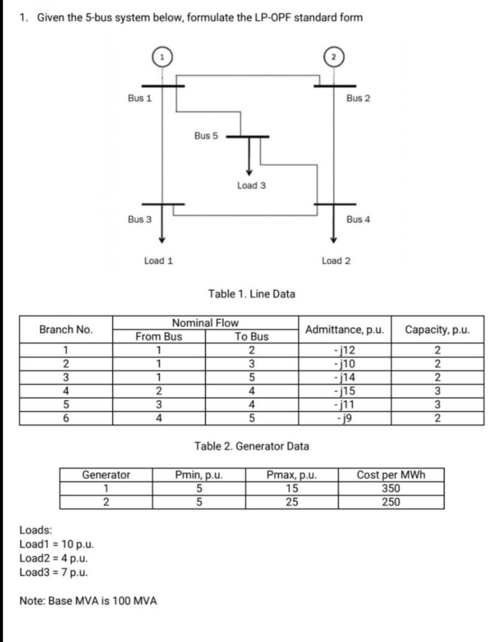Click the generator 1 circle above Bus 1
coord(161,57)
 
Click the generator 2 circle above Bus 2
coord(333,57)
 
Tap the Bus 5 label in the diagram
coord(206,135)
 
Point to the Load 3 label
coord(251,186)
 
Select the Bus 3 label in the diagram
coord(140,220)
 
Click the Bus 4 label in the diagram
coord(359,220)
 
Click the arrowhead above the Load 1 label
coord(161,239)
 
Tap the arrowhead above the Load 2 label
coord(333,239)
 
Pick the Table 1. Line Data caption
coord(251,294)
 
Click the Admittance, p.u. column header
coord(344,330)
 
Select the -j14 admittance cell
coord(344,378)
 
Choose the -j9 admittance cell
coord(344,419)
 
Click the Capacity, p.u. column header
coord(438,330)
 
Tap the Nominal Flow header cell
coord(205,323)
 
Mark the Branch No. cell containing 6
coord(66,419)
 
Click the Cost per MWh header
coord(391,475)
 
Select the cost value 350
coord(391,489)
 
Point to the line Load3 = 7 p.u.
coord(52,572)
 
